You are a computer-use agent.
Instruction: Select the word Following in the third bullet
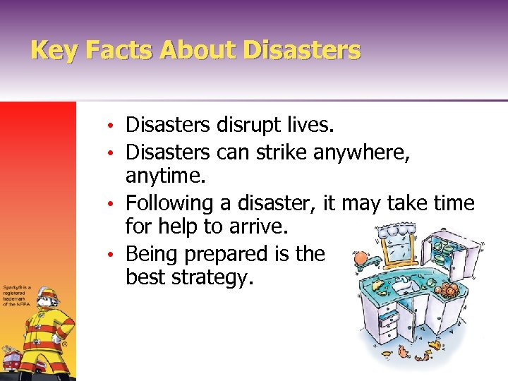(x=169, y=203)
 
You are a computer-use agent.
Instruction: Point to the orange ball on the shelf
(x=361, y=258)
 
